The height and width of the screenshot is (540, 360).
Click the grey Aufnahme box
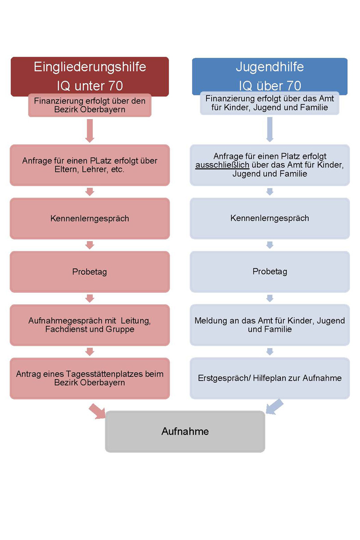tap(185, 431)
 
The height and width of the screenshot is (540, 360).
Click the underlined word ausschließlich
tap(222, 165)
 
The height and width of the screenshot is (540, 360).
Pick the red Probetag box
tap(90, 272)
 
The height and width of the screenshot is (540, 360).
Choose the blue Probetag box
tap(270, 272)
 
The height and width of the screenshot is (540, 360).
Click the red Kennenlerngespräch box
tap(90, 218)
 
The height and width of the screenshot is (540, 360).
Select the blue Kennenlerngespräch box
tap(270, 218)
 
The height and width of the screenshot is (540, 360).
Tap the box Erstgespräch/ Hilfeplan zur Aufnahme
tap(270, 378)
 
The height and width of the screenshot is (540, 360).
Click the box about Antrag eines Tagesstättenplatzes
tap(90, 378)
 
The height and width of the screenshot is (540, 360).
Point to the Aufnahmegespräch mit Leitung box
tap(90, 325)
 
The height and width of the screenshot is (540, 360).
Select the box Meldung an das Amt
tap(270, 325)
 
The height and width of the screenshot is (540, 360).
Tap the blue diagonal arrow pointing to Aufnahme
tap(274, 407)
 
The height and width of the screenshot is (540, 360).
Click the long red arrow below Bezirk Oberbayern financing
tap(90, 130)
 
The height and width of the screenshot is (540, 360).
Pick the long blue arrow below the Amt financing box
tap(270, 129)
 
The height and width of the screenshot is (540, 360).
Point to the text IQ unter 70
tap(90, 86)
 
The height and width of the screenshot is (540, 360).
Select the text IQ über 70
tap(270, 86)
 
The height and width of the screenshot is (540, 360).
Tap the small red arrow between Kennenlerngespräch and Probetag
tap(90, 245)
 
